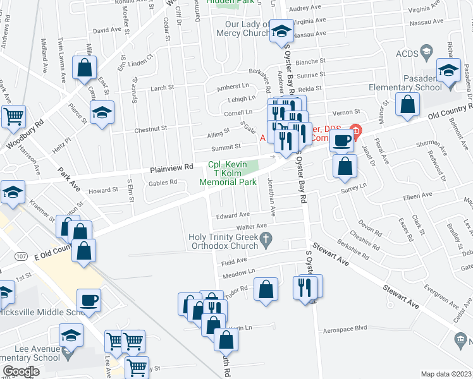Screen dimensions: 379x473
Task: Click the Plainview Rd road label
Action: (x=171, y=169)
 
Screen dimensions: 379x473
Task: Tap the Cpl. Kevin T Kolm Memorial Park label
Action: (x=228, y=173)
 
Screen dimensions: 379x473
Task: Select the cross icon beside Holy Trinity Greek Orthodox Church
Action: (x=267, y=238)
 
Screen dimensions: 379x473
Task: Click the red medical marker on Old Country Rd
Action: (x=355, y=133)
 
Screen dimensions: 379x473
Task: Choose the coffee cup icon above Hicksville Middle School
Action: (x=89, y=299)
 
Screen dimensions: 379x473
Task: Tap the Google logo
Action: (x=21, y=371)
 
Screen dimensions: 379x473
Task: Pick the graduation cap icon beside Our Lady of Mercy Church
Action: (x=281, y=30)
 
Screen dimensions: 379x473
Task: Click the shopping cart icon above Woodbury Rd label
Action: (x=13, y=116)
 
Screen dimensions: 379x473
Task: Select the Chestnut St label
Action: (x=150, y=128)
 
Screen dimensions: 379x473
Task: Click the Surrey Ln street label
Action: (x=354, y=186)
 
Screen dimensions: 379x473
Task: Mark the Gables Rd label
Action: (x=163, y=182)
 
